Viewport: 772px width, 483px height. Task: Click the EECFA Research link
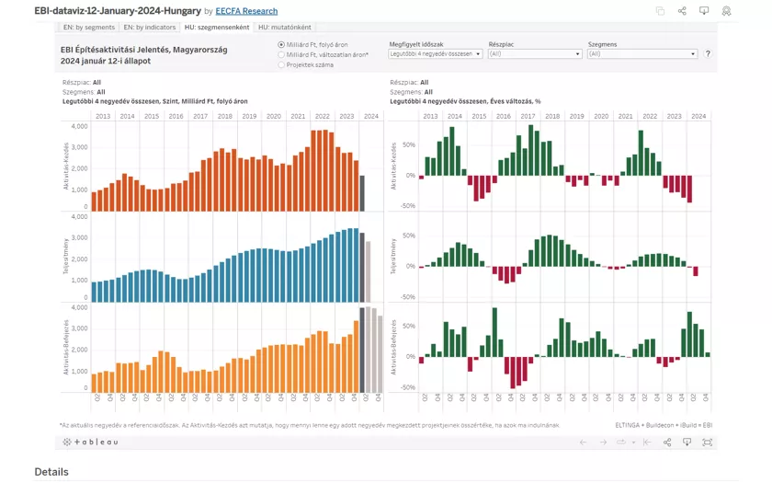(246, 11)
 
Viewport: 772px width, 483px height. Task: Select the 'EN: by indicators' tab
(150, 28)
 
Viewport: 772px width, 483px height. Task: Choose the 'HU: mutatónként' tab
(283, 28)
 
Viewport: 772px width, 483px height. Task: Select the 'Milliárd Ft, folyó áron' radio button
(281, 44)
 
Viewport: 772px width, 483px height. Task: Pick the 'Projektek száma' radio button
(281, 65)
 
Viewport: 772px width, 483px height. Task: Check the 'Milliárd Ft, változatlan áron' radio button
(281, 55)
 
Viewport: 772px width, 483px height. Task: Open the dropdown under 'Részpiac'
(535, 54)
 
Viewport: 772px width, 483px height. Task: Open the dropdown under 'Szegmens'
(641, 54)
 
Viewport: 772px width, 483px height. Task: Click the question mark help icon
(707, 54)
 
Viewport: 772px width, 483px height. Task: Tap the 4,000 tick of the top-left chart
(78, 125)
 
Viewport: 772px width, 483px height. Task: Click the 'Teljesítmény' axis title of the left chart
(67, 259)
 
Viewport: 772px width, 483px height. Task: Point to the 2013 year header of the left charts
(102, 116)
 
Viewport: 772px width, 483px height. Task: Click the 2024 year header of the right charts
(698, 116)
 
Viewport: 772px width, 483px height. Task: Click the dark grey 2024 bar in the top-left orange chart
(362, 192)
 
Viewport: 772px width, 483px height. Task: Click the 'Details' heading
(51, 472)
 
